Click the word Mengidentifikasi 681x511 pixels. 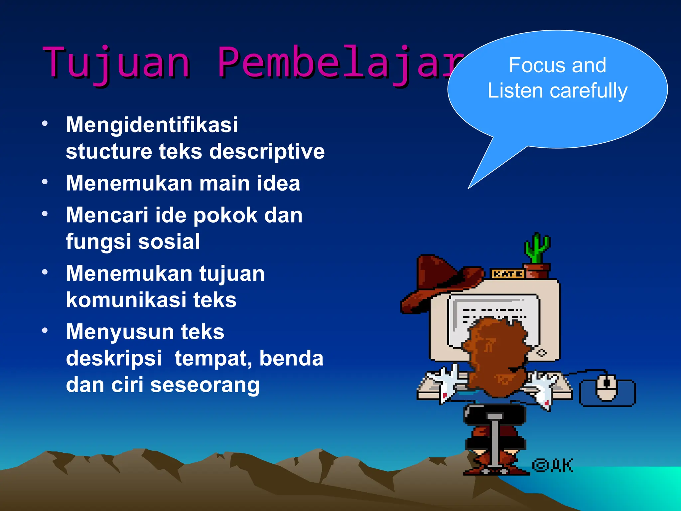point(152,125)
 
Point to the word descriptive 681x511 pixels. point(267,152)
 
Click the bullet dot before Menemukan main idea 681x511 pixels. point(45,182)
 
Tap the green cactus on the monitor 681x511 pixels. point(536,248)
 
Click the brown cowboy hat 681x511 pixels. point(439,283)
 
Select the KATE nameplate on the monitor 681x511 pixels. point(507,274)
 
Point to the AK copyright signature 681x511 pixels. point(553,465)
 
